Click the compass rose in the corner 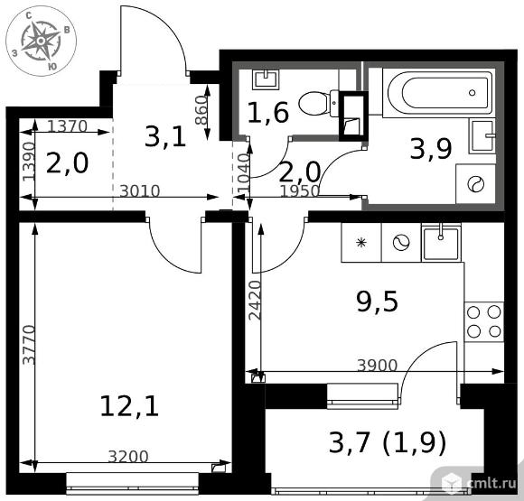41,42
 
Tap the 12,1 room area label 129,406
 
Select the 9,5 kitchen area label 378,302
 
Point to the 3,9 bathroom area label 431,149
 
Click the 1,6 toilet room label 267,112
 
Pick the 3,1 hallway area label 165,137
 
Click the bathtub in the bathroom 438,93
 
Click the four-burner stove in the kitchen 484,321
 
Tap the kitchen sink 441,242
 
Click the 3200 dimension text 128,457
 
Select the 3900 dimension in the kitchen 378,365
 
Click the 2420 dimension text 255,301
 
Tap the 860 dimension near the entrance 201,110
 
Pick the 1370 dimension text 67,126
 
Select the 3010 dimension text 140,191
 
